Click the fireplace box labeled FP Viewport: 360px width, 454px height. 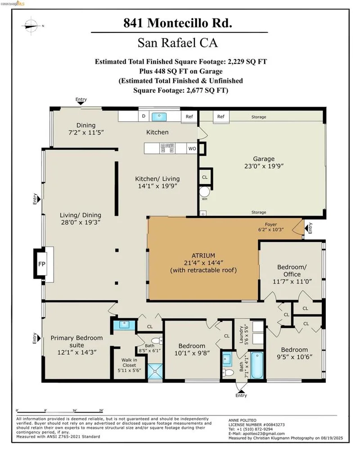click(x=42, y=264)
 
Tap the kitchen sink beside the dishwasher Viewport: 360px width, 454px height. click(x=158, y=117)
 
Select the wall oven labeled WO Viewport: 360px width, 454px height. click(x=192, y=148)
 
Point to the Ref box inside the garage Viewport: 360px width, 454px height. click(x=221, y=116)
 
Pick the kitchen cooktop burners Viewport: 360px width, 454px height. click(x=167, y=148)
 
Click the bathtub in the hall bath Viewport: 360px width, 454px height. click(x=257, y=365)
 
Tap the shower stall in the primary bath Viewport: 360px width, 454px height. click(x=155, y=371)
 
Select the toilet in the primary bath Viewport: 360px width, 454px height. click(x=157, y=340)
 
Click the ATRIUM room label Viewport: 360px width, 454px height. click(x=203, y=255)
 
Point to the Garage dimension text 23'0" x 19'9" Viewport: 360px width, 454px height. click(x=264, y=166)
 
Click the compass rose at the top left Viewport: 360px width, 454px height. click(x=31, y=26)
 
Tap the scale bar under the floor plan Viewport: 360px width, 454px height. click(x=60, y=411)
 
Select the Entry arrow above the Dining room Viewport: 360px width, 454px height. click(x=81, y=103)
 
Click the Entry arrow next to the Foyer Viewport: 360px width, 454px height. click(x=306, y=229)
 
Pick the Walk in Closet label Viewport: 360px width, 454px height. click(x=129, y=365)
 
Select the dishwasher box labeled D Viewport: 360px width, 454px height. click(x=144, y=116)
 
